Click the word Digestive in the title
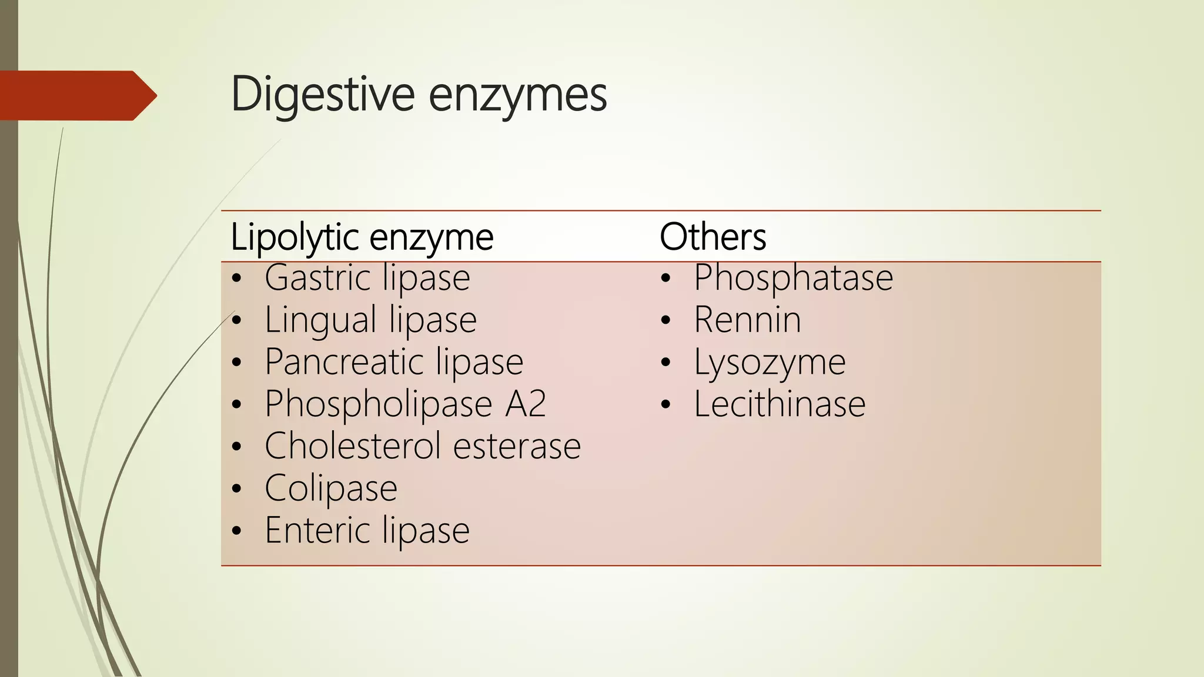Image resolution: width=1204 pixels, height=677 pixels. [323, 94]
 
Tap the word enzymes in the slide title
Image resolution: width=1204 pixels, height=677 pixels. [517, 96]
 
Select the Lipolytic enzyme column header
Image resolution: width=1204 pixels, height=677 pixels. [362, 237]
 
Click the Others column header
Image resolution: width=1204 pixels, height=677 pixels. [713, 237]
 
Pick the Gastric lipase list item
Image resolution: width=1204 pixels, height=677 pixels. [367, 277]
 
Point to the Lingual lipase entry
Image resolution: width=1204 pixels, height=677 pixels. [370, 320]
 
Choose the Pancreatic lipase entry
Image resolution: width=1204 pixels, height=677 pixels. [393, 362]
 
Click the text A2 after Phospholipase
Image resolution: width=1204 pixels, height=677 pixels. [526, 404]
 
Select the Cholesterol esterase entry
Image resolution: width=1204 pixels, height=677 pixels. [422, 446]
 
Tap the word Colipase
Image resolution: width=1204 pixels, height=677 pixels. [331, 488]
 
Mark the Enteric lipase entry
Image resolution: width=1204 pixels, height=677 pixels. [367, 531]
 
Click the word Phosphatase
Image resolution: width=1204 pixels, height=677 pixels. [793, 277]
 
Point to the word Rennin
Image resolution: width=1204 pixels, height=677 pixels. [747, 320]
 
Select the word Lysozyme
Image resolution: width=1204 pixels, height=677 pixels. [770, 362]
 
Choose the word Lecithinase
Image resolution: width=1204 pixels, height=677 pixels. [780, 404]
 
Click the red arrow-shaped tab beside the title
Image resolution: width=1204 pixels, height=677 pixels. [76, 95]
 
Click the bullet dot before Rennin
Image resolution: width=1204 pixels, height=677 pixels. [665, 321]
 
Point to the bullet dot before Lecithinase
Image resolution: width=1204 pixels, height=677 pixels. [665, 405]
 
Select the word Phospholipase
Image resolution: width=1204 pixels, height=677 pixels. [378, 405]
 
